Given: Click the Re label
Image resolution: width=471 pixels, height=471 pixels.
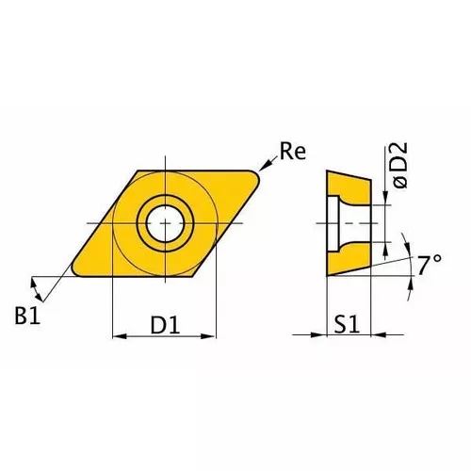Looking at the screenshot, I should coord(293,153).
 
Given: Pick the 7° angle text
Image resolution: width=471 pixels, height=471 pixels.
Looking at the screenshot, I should coord(430,265).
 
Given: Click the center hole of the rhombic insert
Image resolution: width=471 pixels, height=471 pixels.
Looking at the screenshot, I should coord(165,223).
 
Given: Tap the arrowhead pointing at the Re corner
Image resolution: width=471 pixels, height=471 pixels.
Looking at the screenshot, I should coord(267,170).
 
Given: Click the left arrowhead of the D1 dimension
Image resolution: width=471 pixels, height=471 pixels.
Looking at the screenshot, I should coord(118,334).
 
